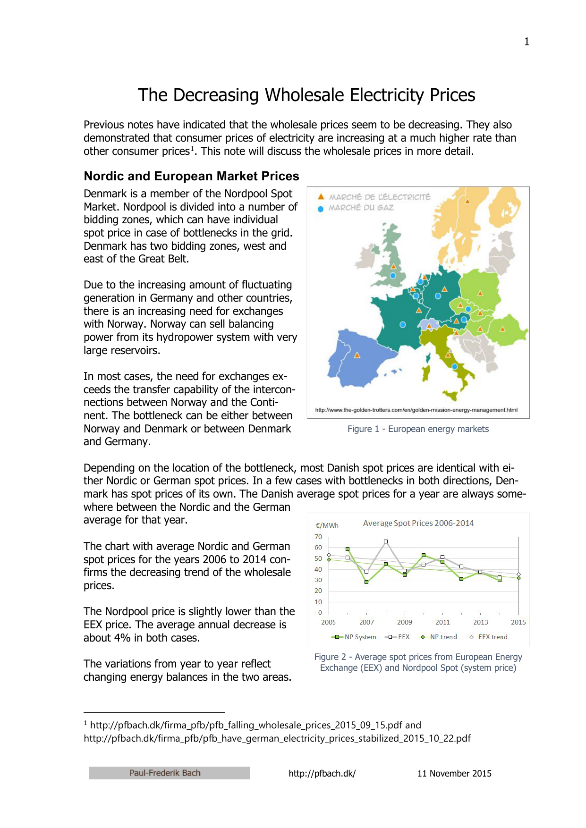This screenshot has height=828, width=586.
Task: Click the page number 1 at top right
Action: pos(527,42)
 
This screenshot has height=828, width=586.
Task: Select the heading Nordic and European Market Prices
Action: pos(191,176)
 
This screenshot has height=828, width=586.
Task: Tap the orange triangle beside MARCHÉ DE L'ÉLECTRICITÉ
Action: pos(321,196)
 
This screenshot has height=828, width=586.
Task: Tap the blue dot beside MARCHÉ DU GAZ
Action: pos(321,209)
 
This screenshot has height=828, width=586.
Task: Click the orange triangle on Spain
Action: pos(357,355)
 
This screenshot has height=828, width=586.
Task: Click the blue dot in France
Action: pos(402,325)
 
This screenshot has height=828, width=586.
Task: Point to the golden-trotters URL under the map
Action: pos(416,410)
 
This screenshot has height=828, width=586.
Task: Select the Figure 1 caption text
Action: pos(418,429)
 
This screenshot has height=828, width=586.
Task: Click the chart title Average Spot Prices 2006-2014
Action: pos(418,523)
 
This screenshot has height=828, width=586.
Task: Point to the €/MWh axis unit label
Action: pos(327,525)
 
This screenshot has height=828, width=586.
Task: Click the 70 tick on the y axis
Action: pos(318,537)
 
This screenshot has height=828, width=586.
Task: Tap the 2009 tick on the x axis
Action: pos(404,622)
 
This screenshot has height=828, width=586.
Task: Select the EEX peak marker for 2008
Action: pos(386,541)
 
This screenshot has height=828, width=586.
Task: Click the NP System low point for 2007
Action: pos(366,582)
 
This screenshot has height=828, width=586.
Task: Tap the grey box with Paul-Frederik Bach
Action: pos(169,773)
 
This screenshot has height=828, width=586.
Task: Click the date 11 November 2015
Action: pos(454,773)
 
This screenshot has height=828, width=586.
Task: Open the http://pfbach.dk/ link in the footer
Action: pos(322,773)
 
